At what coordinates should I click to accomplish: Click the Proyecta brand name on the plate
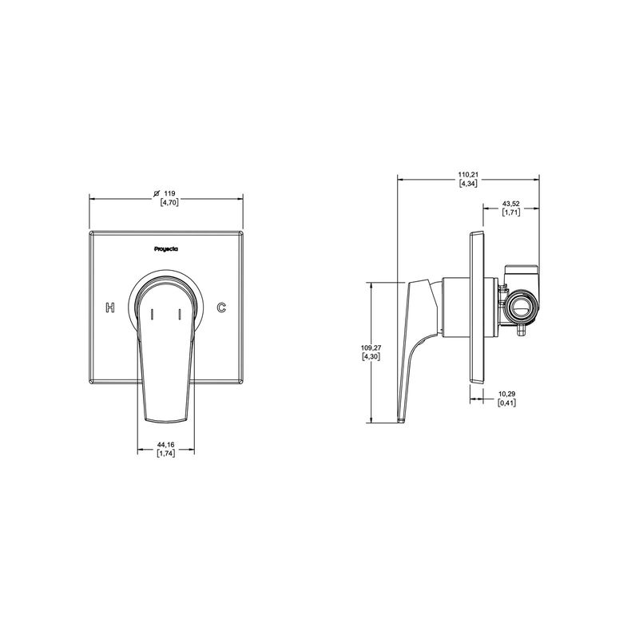click(166, 249)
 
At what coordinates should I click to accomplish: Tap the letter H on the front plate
click(110, 308)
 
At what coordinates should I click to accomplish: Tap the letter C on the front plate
click(221, 308)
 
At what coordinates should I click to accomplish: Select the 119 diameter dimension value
click(170, 193)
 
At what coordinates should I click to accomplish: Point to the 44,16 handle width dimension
click(166, 445)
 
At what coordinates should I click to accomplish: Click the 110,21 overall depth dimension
click(468, 175)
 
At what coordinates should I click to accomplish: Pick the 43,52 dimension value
click(510, 204)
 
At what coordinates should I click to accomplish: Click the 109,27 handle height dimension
click(371, 347)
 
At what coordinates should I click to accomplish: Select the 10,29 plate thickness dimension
click(507, 394)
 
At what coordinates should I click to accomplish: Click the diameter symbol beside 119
click(157, 193)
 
